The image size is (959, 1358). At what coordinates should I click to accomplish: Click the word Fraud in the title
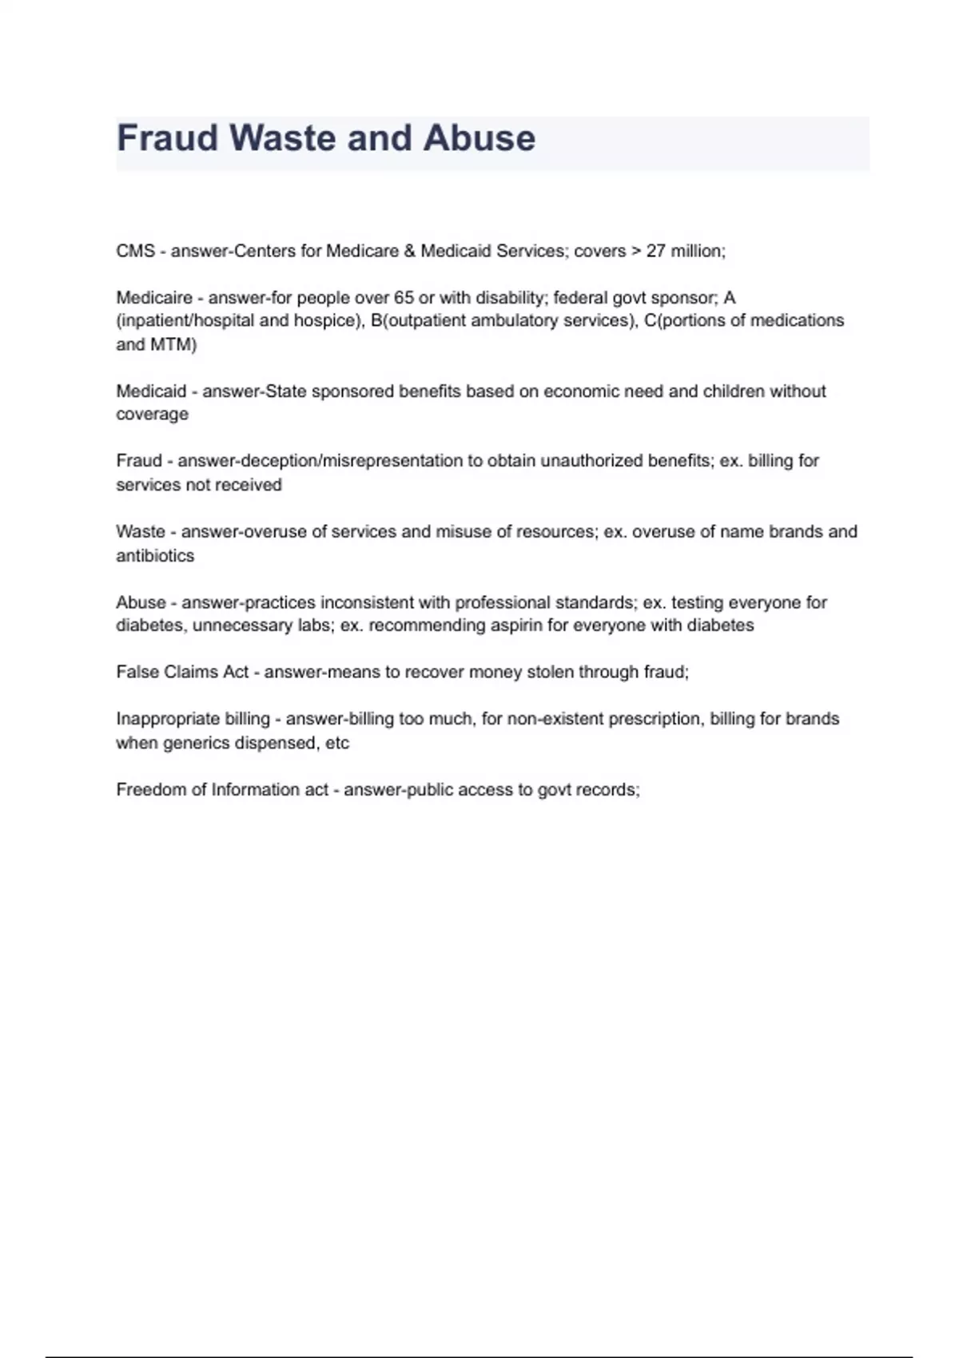coord(168,138)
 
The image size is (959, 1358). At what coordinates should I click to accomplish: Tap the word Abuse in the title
coord(479,138)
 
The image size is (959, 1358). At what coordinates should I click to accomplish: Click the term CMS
coord(135,251)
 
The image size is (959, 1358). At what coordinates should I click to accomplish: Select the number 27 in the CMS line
coord(655,251)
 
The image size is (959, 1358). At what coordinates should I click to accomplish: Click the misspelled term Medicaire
coord(154,298)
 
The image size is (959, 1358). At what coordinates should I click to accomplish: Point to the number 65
coord(404,298)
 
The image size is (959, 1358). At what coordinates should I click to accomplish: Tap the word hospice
coord(324,321)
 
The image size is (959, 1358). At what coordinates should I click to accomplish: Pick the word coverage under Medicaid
coord(152,415)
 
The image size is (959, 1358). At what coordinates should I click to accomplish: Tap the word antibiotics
coord(155,556)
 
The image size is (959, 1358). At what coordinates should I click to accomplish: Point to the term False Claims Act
coord(182,673)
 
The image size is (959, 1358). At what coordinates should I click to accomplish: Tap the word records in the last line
coord(613,790)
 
